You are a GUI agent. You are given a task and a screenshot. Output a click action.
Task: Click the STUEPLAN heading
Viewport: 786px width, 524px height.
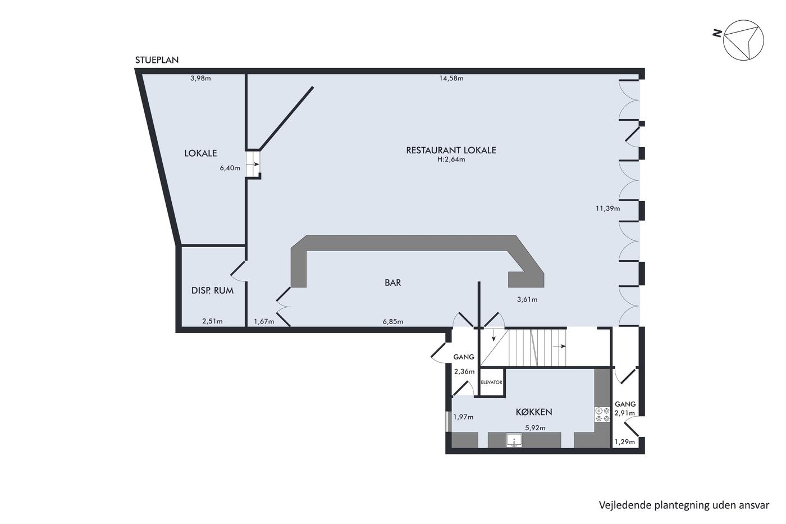[x=157, y=60]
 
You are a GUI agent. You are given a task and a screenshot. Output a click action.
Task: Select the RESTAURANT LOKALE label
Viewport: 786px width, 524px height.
[x=451, y=150]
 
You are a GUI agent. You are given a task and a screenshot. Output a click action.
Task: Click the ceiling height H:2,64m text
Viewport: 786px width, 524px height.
[x=451, y=160]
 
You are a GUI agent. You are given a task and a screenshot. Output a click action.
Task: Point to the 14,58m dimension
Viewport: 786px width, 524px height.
[x=451, y=78]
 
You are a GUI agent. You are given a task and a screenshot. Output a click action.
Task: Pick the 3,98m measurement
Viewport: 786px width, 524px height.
[x=201, y=78]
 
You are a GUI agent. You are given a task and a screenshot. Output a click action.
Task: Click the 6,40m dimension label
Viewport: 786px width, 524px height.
[x=230, y=168]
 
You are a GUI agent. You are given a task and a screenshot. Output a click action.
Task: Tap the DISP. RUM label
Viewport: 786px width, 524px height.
[x=212, y=290]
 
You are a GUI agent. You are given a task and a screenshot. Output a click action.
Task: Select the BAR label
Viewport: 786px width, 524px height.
[x=392, y=282]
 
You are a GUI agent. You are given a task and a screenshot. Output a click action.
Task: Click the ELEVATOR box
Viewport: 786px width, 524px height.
[x=492, y=382]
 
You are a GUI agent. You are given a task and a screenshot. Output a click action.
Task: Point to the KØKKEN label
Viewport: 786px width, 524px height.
[x=534, y=412]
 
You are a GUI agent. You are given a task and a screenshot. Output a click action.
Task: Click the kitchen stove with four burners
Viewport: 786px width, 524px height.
[x=602, y=414]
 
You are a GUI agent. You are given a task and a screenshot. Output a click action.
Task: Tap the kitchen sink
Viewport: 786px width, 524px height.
[x=514, y=440]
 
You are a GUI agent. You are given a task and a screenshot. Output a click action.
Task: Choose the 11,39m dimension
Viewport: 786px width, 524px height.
[x=607, y=208]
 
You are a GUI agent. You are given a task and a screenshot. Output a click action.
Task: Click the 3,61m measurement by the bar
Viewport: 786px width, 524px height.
[x=527, y=299]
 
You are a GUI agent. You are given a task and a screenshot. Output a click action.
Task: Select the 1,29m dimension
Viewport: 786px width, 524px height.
[x=625, y=442]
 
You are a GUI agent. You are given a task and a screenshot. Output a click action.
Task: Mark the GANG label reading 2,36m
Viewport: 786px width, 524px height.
[x=464, y=357]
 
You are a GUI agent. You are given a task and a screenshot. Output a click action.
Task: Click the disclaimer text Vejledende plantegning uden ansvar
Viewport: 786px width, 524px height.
[x=684, y=505]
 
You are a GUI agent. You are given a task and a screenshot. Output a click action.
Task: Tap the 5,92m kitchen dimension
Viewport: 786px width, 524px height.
[x=535, y=428]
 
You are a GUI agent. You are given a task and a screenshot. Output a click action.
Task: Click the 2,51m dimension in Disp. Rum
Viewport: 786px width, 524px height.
[x=212, y=321]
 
